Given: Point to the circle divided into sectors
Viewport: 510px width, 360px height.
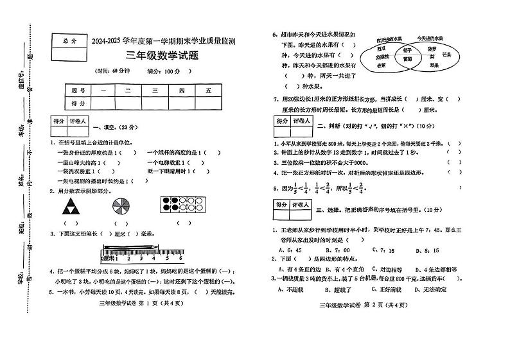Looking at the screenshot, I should [120, 206].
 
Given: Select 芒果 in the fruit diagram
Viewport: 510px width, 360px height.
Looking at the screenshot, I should [446, 56].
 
